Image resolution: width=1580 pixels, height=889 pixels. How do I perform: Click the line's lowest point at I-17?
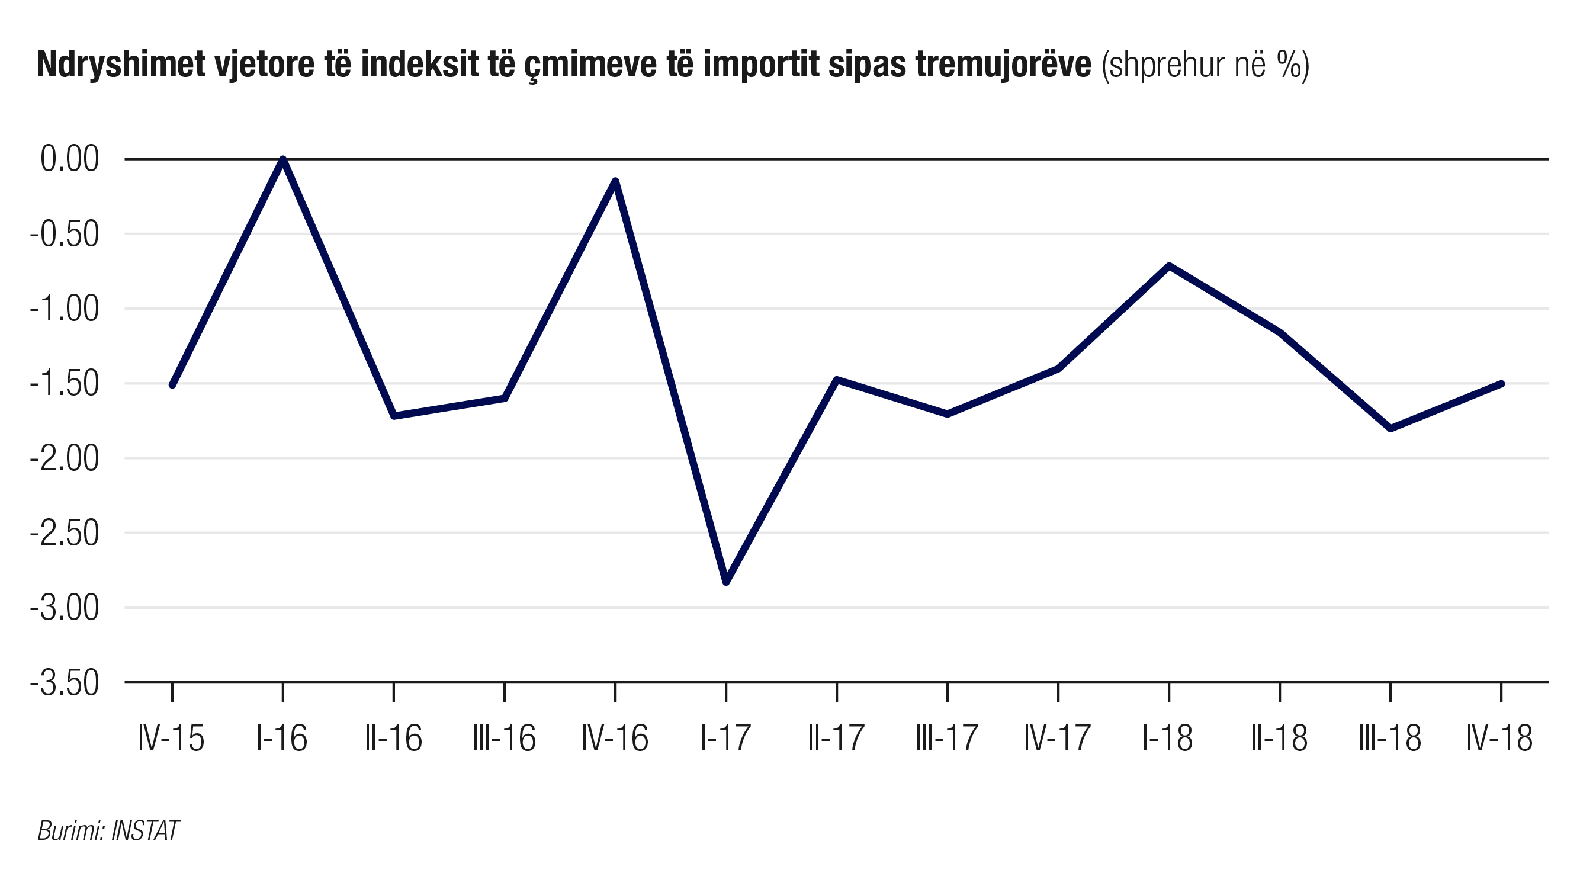point(726,582)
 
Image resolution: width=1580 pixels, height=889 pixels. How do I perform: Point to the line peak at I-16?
point(282,159)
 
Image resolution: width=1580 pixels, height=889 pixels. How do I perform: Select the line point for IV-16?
point(615,181)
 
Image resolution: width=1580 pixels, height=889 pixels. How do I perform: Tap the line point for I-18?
point(1169,266)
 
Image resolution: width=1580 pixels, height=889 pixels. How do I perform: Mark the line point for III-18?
point(1390,428)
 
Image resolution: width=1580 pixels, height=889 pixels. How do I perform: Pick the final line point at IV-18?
point(1501,384)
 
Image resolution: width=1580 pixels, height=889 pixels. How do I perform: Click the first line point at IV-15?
point(172,386)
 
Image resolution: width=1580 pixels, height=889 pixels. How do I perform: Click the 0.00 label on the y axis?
point(69,159)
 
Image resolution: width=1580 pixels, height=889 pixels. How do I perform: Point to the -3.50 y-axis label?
point(65,683)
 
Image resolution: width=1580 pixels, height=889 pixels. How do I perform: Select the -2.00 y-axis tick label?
point(65,458)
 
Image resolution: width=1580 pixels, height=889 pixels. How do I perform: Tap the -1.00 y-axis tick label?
point(65,309)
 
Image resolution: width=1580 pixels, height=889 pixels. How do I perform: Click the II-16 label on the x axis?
point(393,738)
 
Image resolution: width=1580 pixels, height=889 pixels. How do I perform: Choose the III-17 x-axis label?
point(947,738)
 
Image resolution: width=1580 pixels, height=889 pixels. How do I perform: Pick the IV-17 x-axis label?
point(1058,738)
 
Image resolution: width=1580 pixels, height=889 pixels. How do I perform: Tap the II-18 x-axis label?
point(1279,738)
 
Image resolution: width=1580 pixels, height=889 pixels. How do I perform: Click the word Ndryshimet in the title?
point(121,65)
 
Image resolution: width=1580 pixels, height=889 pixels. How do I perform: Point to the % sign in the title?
point(1288,65)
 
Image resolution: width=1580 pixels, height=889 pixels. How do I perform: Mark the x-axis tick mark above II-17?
point(837,692)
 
